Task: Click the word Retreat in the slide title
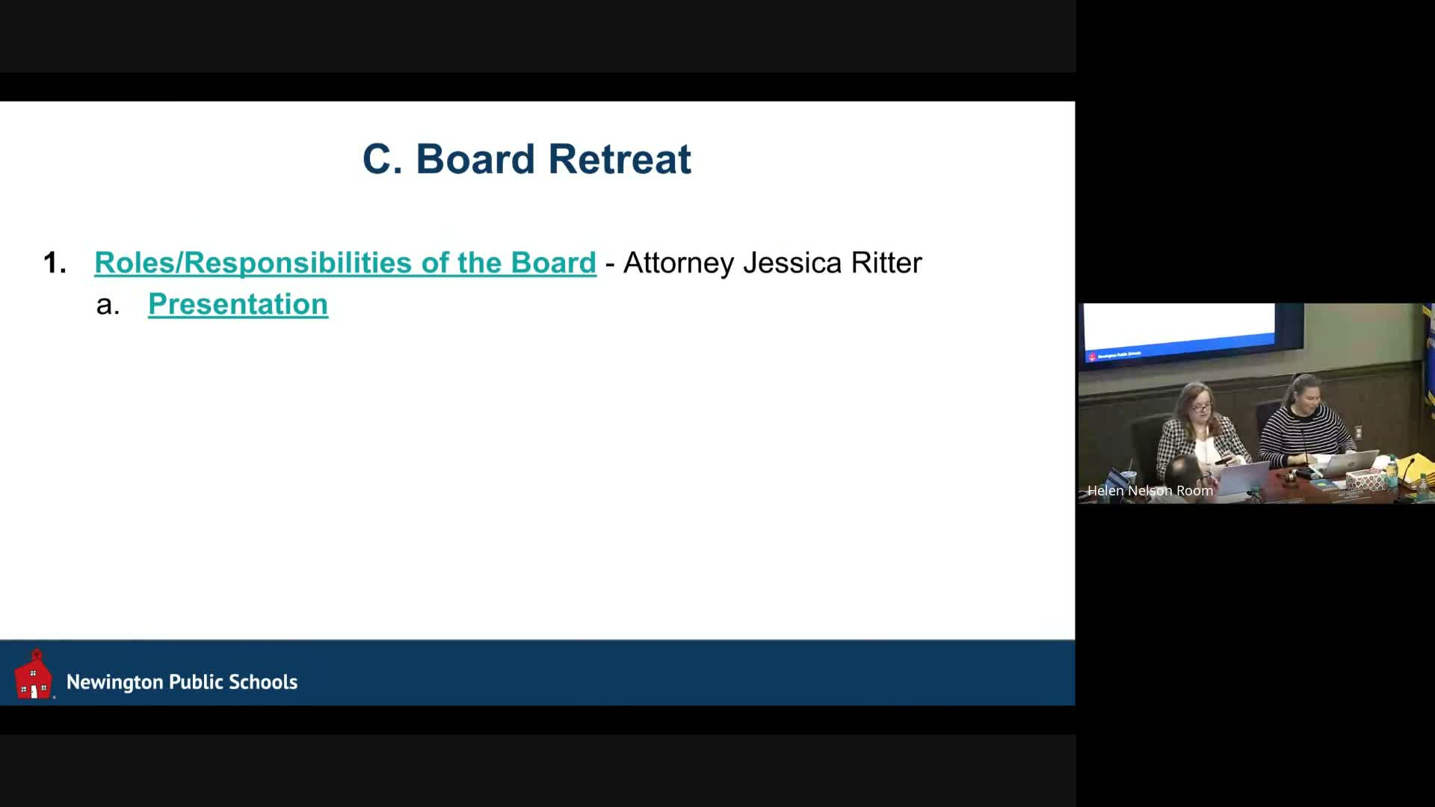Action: click(x=620, y=159)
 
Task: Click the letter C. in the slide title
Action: click(x=382, y=159)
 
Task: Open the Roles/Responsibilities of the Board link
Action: click(x=345, y=263)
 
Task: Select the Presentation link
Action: click(x=238, y=304)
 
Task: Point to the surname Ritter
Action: click(x=886, y=263)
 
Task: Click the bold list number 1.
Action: click(x=55, y=263)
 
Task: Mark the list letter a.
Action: click(x=108, y=305)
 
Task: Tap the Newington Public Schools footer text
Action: click(x=182, y=681)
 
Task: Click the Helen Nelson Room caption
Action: click(x=1149, y=491)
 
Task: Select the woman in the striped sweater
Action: click(x=1303, y=422)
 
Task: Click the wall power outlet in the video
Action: click(x=1358, y=433)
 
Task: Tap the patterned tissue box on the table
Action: click(x=1363, y=478)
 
